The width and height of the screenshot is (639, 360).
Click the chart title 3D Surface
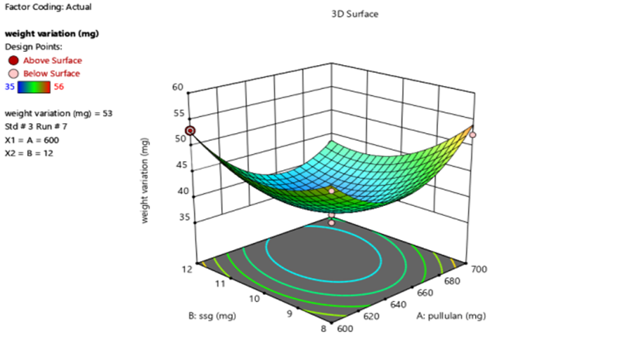[x=354, y=14]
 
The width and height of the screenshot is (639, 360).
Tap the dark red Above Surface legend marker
[x=13, y=60]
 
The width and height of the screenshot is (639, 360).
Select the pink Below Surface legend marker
[x=13, y=74]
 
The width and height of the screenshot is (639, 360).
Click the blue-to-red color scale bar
[x=34, y=87]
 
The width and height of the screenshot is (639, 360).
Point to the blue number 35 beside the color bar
[x=10, y=87]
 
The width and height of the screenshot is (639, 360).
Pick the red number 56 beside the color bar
[x=59, y=87]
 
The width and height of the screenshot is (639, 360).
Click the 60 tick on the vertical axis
[x=178, y=87]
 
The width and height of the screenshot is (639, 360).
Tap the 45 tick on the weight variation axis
[x=181, y=165]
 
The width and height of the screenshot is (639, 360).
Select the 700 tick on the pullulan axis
[x=479, y=269]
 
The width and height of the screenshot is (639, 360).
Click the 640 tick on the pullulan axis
[x=398, y=304]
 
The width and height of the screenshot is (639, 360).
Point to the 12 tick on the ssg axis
[x=187, y=269]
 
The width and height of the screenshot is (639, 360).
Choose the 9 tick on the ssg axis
[x=289, y=314]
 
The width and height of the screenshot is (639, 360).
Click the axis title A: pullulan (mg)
[x=451, y=316]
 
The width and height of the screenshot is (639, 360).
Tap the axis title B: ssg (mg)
[x=212, y=316]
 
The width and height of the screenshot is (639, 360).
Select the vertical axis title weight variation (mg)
[x=145, y=180]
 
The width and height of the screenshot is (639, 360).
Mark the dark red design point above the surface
[x=190, y=131]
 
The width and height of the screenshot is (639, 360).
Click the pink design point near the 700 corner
[x=473, y=135]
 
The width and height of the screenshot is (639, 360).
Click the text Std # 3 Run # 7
[x=36, y=126]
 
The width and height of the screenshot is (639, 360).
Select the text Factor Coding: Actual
[x=48, y=7]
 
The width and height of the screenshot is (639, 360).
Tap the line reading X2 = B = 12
[x=29, y=153]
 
